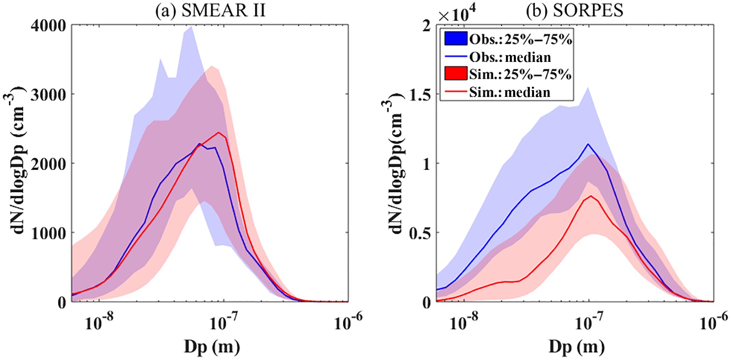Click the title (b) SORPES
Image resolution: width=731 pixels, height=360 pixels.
tap(574, 11)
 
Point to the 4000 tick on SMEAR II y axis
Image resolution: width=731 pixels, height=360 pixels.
tap(48, 25)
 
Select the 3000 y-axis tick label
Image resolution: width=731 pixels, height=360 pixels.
tap(48, 95)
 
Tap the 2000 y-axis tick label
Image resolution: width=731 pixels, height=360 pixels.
tap(48, 164)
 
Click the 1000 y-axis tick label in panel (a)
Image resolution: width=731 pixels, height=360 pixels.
tap(48, 233)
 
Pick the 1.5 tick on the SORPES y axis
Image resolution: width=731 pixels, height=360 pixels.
tap(420, 95)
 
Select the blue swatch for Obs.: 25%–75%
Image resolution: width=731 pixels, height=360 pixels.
tap(456, 39)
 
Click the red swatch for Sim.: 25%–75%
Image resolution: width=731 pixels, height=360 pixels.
tap(456, 74)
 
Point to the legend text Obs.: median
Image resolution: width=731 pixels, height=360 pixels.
tap(510, 57)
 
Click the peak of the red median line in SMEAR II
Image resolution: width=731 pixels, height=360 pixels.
tap(219, 132)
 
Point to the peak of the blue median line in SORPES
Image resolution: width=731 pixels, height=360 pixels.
tap(588, 144)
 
